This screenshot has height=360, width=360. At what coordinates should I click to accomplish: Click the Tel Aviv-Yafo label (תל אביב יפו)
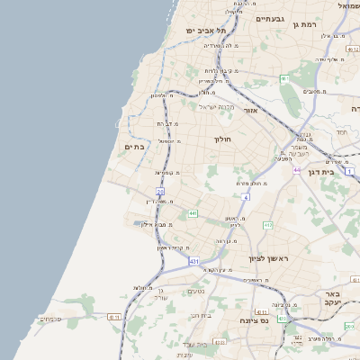coord(205,30)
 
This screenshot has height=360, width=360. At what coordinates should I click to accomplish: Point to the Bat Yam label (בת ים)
coord(135,147)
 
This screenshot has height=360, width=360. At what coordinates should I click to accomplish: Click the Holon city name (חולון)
coord(222,139)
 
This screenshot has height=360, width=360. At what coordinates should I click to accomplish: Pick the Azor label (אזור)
coord(250,111)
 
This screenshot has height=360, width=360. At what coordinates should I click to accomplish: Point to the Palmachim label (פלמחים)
coord(49,319)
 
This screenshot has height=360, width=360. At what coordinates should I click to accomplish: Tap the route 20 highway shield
coord(160,192)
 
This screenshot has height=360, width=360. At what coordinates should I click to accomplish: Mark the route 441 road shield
coord(193,213)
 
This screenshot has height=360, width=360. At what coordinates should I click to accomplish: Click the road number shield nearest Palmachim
coord(114,316)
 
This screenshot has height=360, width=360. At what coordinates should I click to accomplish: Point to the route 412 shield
coord(285,317)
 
